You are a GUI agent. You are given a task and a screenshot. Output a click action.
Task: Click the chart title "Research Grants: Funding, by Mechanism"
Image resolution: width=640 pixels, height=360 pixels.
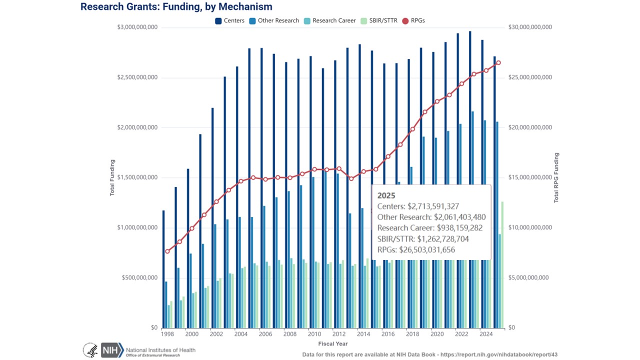point(176,7)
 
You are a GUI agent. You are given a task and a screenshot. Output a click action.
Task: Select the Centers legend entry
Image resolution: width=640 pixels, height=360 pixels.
point(229,20)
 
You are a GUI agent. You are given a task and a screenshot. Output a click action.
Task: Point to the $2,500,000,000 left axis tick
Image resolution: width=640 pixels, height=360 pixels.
point(137,77)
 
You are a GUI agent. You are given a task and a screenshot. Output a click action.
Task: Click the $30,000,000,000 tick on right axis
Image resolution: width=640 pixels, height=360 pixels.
point(529,27)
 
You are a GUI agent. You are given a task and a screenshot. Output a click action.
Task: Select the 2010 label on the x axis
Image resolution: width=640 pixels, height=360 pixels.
point(314,334)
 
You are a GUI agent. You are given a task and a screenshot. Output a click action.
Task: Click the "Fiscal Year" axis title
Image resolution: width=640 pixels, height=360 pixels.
point(332,344)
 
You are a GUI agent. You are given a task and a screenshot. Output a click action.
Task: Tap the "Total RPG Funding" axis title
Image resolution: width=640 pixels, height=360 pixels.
point(556,178)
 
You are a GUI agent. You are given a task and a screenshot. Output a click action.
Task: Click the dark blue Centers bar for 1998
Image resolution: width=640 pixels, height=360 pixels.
point(163,270)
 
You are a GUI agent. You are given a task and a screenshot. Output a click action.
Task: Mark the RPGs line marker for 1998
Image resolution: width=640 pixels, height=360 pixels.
point(167,251)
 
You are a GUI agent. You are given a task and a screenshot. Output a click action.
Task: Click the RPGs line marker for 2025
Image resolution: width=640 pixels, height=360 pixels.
point(498,62)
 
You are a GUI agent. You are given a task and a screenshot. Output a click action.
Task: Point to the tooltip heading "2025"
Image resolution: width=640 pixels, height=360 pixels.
point(386,195)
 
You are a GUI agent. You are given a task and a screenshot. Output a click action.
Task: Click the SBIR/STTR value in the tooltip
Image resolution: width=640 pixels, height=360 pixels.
point(423,239)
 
